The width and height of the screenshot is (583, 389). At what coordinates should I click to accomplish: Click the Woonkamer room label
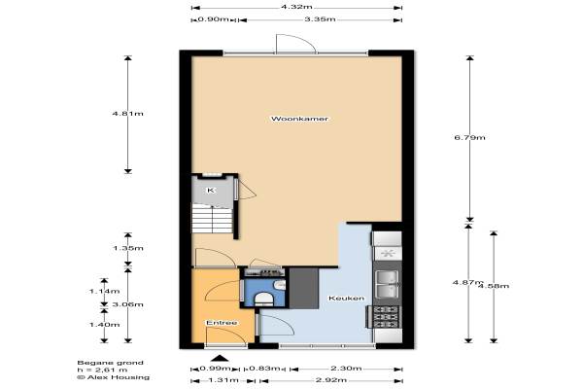[x=299, y=119]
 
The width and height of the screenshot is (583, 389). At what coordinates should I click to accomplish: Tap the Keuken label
[x=346, y=299]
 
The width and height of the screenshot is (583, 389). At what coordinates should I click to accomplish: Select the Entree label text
[x=222, y=323]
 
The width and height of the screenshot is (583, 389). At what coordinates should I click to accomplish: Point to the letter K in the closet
[x=211, y=191]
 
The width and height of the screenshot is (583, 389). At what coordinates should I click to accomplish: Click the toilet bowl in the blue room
[x=263, y=299]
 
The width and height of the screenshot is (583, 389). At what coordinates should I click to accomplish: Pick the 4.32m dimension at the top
[x=296, y=7]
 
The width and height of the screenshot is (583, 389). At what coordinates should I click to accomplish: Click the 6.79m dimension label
[x=470, y=137]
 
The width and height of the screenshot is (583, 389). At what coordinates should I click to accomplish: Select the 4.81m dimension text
[x=128, y=114]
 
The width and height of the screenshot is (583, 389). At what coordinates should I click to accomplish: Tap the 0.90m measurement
[x=213, y=19]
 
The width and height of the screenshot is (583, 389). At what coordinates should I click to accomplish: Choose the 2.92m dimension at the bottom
[x=331, y=380]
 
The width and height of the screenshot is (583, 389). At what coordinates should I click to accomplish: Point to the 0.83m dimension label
[x=264, y=369]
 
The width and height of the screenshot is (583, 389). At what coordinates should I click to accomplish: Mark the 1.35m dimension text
[x=128, y=248]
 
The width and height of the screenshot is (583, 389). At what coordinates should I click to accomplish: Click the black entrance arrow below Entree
[x=221, y=359]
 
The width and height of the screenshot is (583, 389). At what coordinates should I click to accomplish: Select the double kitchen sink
[x=388, y=284]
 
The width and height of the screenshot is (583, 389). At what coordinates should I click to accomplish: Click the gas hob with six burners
[x=387, y=317]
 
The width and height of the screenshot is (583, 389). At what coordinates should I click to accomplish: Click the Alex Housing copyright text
[x=114, y=377]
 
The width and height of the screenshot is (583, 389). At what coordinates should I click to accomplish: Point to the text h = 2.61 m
[x=102, y=370]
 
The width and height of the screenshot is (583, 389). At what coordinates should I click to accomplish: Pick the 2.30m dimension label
[x=346, y=369]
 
